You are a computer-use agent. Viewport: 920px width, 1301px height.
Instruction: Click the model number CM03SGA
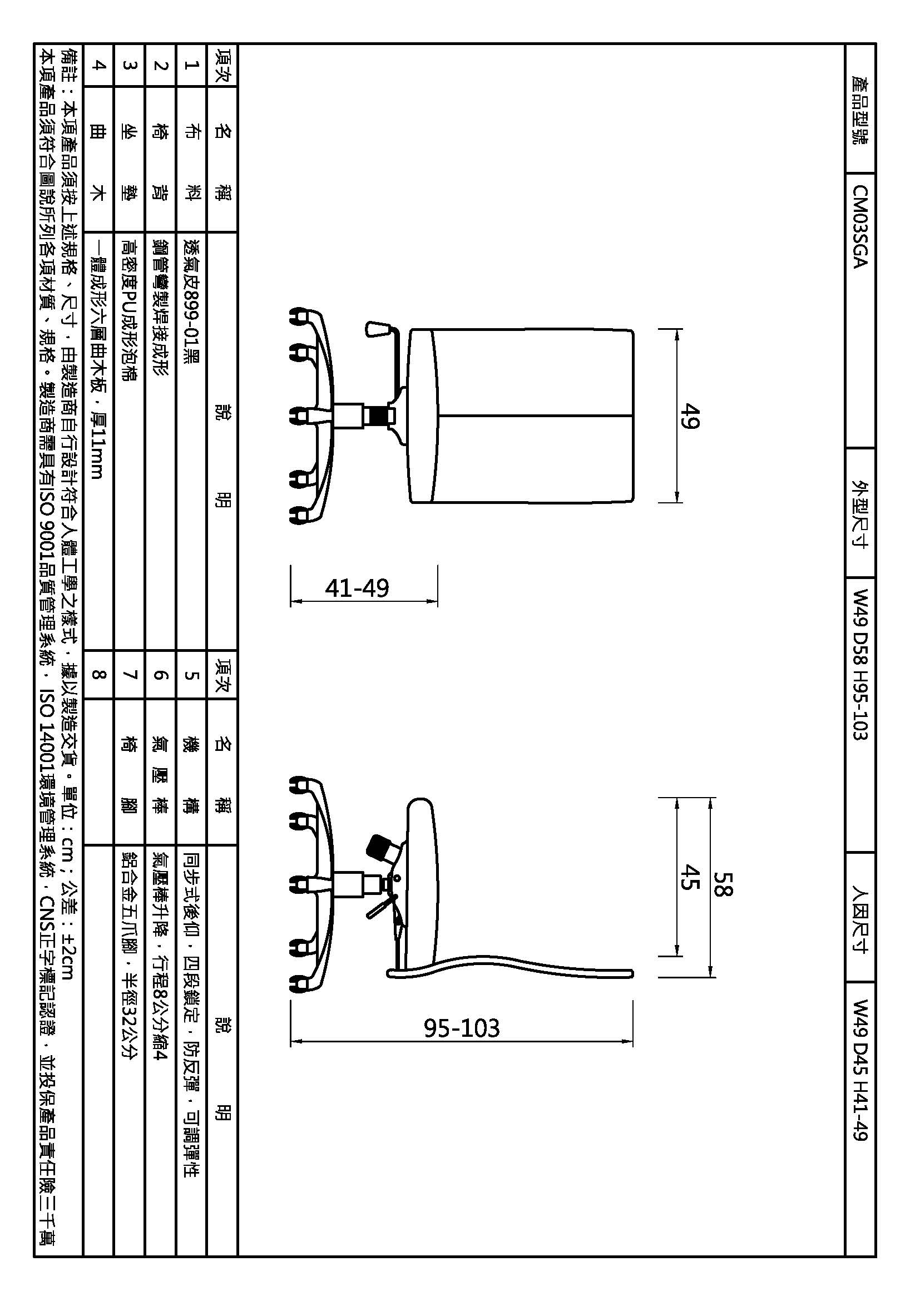click(860, 226)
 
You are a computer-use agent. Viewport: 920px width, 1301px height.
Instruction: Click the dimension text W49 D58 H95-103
click(860, 665)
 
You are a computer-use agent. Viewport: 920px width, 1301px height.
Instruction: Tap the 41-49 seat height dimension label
click(357, 588)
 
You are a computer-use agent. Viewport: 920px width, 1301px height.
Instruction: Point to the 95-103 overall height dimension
click(462, 1028)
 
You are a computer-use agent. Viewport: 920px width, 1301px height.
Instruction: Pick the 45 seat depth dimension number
click(689, 877)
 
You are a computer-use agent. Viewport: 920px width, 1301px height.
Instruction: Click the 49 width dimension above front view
click(689, 416)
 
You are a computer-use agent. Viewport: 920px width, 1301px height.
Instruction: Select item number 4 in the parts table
click(98, 65)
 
